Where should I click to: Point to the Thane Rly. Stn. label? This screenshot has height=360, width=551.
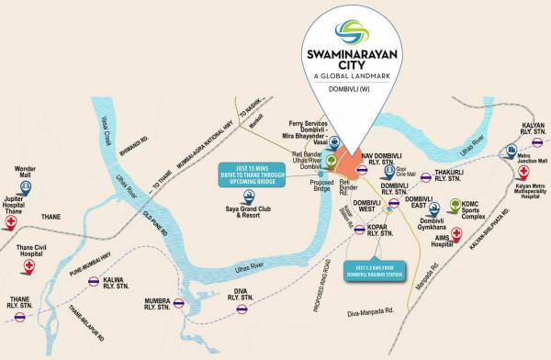pyautogui.click(x=17, y=302)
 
